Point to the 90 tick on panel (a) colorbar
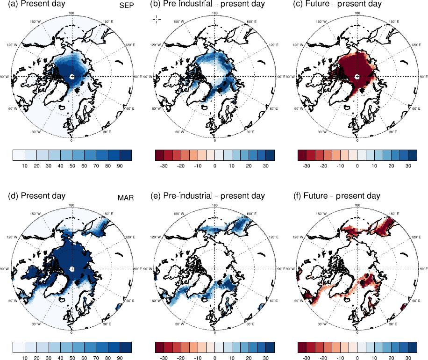click(120, 166)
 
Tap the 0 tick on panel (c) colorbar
click(357, 166)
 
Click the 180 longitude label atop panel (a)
click(71, 14)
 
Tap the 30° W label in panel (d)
click(36, 324)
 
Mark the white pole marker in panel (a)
click(71, 76)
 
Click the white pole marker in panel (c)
click(357, 76)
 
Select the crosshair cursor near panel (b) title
click(157, 19)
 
